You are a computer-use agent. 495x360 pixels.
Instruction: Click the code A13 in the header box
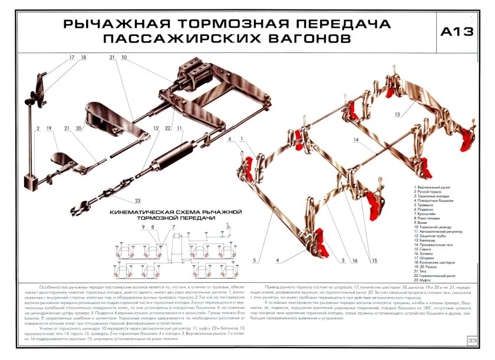point(457,33)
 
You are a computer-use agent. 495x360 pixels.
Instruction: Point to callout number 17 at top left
point(71,58)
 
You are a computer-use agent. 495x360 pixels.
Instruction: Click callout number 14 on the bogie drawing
point(357,141)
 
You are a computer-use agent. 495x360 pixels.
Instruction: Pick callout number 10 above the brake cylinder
point(124,58)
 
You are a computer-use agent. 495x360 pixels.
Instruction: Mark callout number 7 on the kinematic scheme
point(174,227)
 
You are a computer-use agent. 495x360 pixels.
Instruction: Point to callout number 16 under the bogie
point(357,260)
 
